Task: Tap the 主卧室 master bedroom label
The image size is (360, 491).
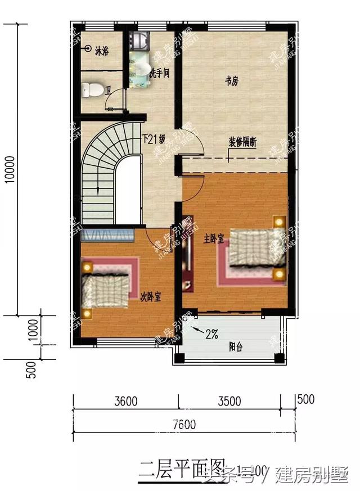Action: point(214,239)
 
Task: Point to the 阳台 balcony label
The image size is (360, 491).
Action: point(236,347)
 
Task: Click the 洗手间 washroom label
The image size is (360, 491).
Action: point(159,73)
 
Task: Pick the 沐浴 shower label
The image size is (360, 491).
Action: point(102,50)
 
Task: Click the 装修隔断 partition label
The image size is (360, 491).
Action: point(242,142)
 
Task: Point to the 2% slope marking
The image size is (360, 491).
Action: point(211,334)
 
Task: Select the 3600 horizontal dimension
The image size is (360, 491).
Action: point(126,402)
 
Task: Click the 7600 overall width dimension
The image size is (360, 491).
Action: point(184,425)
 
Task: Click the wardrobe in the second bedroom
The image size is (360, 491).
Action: point(107,235)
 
